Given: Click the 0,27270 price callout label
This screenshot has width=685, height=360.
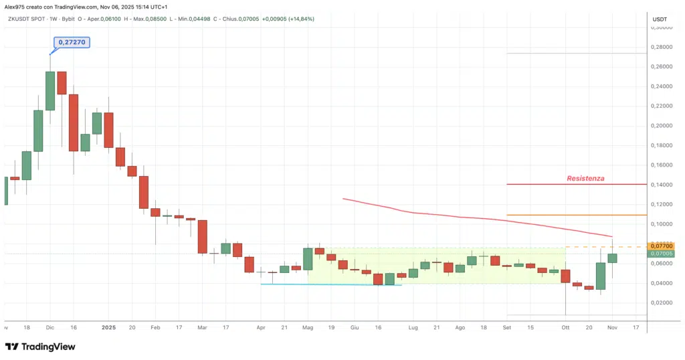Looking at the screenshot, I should (x=72, y=42).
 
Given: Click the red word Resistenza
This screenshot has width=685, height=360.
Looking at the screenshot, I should (x=585, y=178).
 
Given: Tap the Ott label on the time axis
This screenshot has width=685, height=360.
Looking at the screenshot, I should (x=565, y=328).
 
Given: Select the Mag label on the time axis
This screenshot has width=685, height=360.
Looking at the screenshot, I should (x=308, y=328).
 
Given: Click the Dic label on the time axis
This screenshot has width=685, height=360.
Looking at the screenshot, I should (x=50, y=328).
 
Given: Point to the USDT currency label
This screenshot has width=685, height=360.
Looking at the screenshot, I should (x=660, y=19).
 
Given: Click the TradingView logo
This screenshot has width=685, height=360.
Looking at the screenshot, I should (x=40, y=347).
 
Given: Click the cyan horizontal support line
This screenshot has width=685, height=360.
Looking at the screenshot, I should (x=331, y=284).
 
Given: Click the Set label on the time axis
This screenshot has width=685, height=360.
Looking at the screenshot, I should (x=507, y=328).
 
